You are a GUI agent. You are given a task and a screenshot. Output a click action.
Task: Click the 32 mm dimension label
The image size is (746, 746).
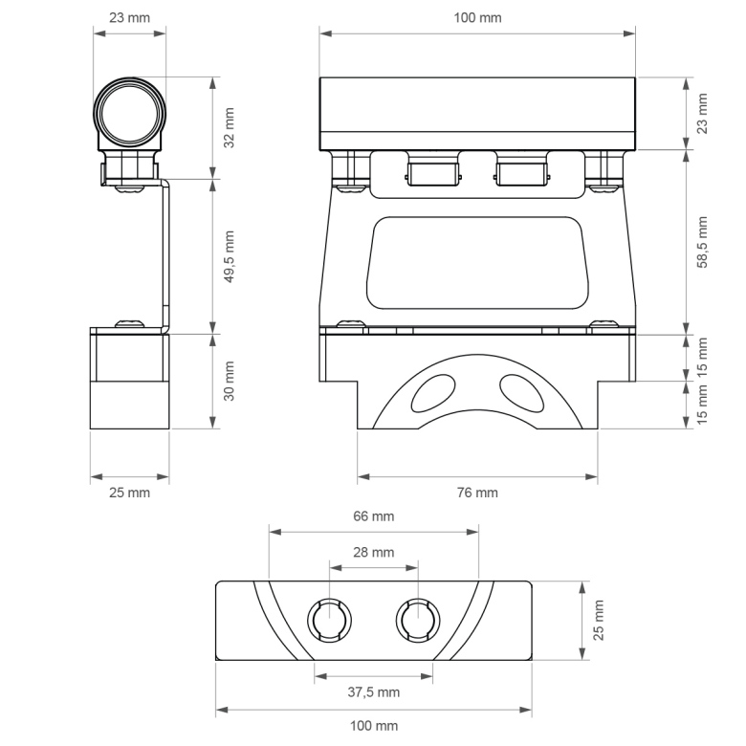pyautogui.click(x=230, y=128)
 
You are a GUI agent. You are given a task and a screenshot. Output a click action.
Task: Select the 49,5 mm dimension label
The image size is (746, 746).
pyautogui.click(x=230, y=257)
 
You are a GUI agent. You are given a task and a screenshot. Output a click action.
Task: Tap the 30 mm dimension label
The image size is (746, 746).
pyautogui.click(x=230, y=381)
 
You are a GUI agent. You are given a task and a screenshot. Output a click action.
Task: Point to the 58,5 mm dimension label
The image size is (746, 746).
pyautogui.click(x=702, y=242)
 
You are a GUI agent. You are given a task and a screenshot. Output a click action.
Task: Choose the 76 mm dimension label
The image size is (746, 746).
pyautogui.click(x=477, y=493)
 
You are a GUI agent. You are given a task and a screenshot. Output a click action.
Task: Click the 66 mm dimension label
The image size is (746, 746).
pyautogui.click(x=373, y=516)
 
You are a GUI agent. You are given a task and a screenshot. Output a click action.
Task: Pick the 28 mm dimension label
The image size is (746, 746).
pyautogui.click(x=373, y=553)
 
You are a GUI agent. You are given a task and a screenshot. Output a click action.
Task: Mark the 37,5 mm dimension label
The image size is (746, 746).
pyautogui.click(x=373, y=692)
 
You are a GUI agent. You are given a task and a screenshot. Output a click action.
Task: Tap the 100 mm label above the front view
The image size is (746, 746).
pyautogui.click(x=477, y=17)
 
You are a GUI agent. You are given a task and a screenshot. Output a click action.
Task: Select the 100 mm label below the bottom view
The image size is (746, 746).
pyautogui.click(x=374, y=726)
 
